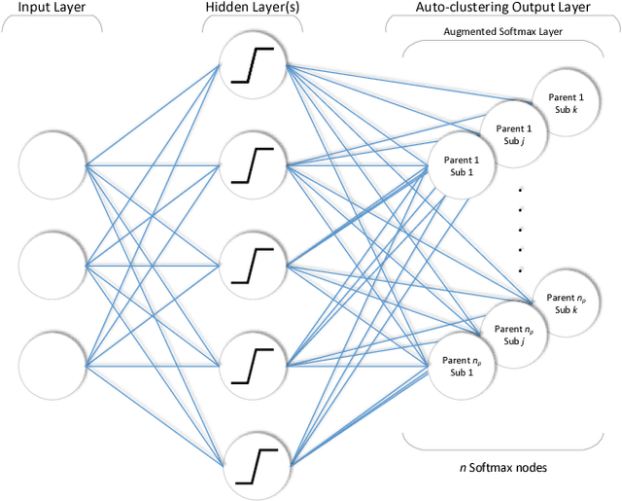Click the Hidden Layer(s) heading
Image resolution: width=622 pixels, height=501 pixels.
coord(253,10)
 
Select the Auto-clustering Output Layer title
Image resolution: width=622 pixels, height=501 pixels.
coord(501,10)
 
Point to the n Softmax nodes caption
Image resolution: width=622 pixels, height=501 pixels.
coord(503,467)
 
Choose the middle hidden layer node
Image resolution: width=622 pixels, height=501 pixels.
coord(253,264)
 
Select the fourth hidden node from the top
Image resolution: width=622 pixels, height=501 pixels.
coord(253,363)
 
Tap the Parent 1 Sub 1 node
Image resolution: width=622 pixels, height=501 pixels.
coord(461,165)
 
